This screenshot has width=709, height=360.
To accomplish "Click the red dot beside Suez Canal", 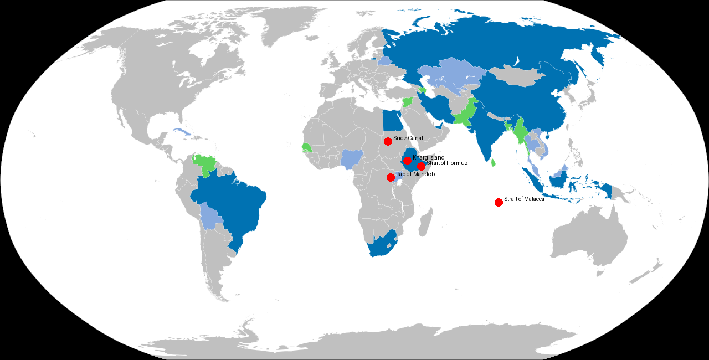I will point(388,141).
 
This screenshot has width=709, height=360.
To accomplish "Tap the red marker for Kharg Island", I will point(407,161).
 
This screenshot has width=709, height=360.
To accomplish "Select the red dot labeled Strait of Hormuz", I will point(421,166).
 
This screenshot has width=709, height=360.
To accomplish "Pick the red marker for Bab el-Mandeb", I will point(391,177).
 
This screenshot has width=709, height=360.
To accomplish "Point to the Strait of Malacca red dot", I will point(499,202).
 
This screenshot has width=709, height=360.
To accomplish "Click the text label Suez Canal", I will point(408,138).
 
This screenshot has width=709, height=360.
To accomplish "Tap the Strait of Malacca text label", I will point(524,199).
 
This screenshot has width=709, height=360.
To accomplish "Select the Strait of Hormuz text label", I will point(447,163).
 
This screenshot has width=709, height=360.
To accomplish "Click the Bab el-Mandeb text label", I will point(415,174).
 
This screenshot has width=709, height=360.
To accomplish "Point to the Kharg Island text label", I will point(428,158).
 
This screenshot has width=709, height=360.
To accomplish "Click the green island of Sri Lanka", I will point(494,162).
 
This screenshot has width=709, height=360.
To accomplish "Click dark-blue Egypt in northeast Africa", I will point(393,119).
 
